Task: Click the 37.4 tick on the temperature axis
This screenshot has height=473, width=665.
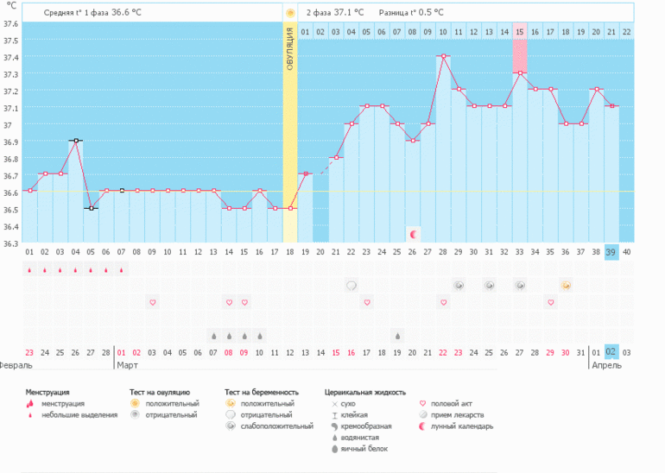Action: click(10, 57)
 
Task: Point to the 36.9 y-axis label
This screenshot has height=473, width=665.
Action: click(10, 142)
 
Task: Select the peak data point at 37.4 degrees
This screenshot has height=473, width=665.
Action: click(443, 56)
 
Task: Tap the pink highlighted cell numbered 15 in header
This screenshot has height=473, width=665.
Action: click(519, 32)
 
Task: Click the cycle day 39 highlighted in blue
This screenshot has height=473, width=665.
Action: click(611, 251)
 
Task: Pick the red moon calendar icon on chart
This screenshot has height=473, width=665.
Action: click(413, 234)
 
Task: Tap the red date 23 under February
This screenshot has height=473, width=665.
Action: click(29, 352)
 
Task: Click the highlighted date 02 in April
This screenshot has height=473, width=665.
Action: click(611, 352)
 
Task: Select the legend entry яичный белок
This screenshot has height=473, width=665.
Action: click(364, 449)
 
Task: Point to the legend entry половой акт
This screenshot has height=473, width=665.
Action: click(457, 403)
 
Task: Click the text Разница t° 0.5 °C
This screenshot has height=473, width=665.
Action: click(411, 13)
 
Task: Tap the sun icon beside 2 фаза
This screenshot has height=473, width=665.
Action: click(290, 13)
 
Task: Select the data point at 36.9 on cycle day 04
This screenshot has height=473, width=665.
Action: click(76, 141)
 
